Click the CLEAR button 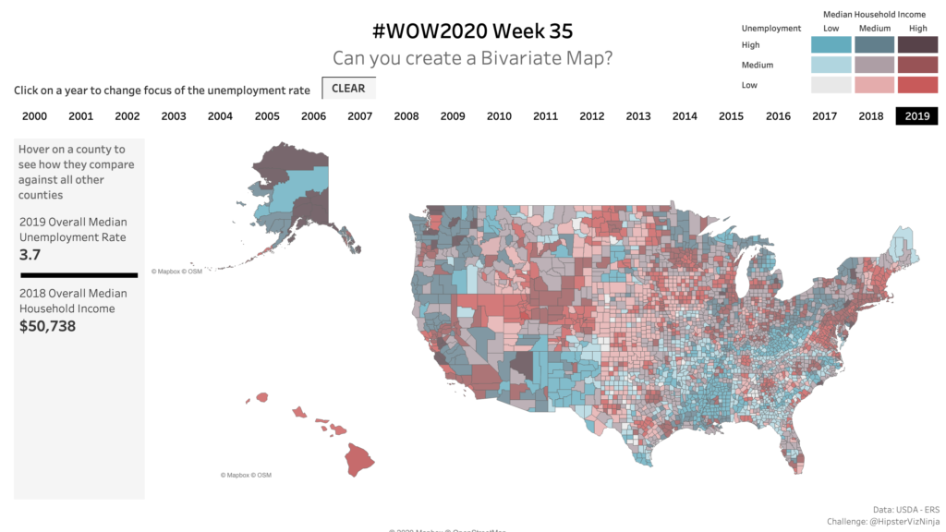(348, 89)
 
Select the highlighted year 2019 (916, 116)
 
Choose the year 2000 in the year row (34, 116)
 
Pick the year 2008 (406, 116)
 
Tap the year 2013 (637, 116)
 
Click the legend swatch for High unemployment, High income (916, 45)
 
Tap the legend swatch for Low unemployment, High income (916, 85)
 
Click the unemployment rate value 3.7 (30, 254)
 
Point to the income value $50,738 (47, 326)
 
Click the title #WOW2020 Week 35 (472, 31)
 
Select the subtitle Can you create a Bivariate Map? (472, 58)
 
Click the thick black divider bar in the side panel (79, 275)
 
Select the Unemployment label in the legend (770, 29)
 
